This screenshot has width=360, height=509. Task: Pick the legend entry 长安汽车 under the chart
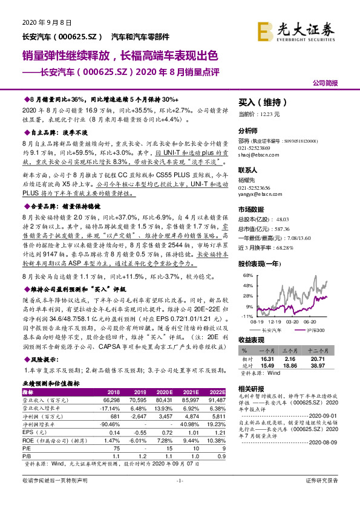tap(270, 330)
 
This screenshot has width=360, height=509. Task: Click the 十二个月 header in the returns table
tap(318, 350)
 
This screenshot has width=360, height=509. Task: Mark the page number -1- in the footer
tap(180, 497)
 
